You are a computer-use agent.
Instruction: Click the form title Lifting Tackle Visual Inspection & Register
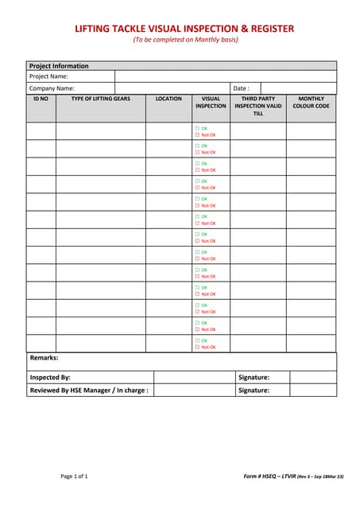(184, 29)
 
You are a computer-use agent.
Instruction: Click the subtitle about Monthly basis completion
(185, 40)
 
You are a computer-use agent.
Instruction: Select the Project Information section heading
(59, 66)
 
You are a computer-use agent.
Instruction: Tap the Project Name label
(48, 76)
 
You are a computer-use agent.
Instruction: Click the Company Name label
(52, 88)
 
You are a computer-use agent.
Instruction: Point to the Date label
(241, 88)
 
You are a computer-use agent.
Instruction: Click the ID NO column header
(41, 99)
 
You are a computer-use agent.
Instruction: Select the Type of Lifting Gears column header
(100, 99)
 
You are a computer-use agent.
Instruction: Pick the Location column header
(168, 99)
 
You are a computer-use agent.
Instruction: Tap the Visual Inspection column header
(211, 102)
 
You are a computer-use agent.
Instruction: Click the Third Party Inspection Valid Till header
(257, 106)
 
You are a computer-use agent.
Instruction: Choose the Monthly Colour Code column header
(311, 102)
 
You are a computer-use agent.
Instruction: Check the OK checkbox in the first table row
(197, 128)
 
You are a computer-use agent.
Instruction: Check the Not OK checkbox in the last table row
(197, 347)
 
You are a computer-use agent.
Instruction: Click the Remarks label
(44, 359)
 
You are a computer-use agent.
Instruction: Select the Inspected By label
(50, 377)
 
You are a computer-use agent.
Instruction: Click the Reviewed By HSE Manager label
(89, 390)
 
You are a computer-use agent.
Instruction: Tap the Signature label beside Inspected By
(254, 377)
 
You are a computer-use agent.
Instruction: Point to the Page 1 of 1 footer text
(75, 476)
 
